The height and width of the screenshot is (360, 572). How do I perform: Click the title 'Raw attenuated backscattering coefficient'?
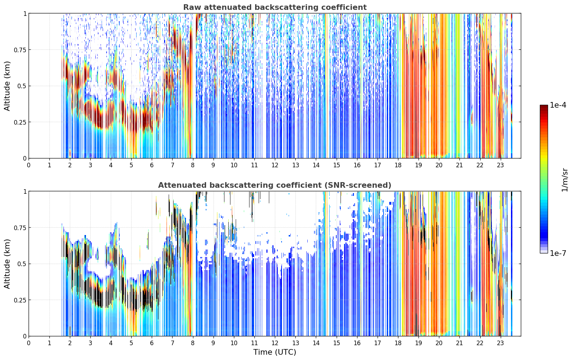click(275, 7)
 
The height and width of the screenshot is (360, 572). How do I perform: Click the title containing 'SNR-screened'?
click(275, 185)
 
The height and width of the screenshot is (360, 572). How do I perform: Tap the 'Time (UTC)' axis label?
click(275, 352)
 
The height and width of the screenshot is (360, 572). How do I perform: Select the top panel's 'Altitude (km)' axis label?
click(7, 86)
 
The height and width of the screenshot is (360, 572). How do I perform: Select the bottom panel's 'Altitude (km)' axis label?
click(7, 264)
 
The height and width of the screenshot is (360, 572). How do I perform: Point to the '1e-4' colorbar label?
click(558, 105)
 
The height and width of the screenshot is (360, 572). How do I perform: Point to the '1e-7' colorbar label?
click(558, 253)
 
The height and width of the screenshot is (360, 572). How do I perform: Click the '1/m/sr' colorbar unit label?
click(565, 180)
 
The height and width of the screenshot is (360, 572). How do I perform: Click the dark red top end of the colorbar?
click(544, 106)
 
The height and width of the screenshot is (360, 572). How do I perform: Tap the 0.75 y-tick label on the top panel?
click(20, 50)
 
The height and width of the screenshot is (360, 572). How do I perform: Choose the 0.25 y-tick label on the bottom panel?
click(20, 300)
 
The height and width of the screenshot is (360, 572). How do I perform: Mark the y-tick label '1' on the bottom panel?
click(25, 192)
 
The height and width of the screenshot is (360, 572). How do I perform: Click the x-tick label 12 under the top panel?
click(275, 165)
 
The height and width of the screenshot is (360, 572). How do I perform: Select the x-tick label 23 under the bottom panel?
click(500, 343)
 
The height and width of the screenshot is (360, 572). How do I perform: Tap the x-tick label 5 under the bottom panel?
click(131, 343)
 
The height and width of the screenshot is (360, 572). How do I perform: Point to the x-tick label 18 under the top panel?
click(398, 165)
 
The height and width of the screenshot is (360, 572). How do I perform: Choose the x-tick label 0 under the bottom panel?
click(29, 343)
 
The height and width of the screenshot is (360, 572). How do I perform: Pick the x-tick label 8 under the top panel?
click(193, 165)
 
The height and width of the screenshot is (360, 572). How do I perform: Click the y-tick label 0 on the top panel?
click(25, 158)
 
